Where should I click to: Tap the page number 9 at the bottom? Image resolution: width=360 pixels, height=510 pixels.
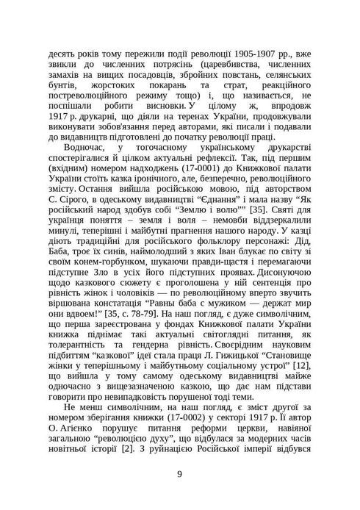pyautogui.click(x=179, y=473)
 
